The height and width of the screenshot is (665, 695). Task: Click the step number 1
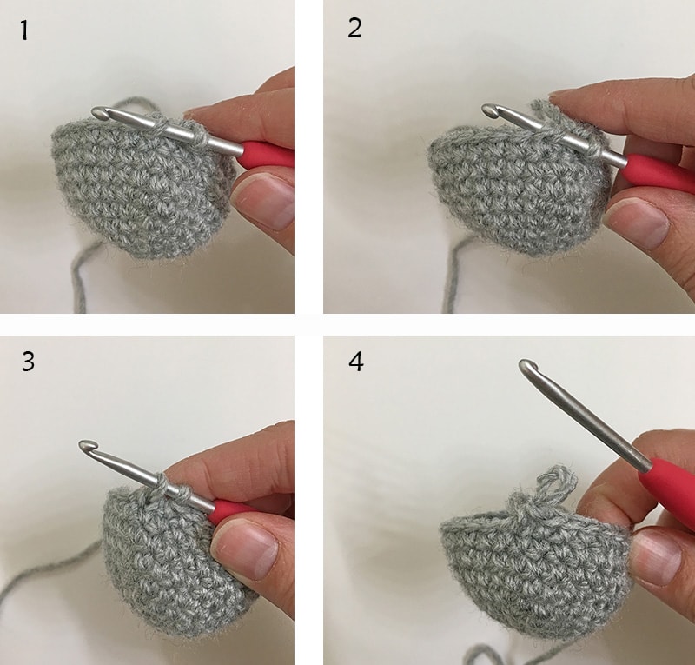coord(24,30)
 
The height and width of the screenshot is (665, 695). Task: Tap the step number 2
coord(354,29)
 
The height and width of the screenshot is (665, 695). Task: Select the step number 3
coord(28,361)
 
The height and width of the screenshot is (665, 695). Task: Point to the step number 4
coord(356,362)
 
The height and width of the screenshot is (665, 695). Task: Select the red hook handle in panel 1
coord(267,154)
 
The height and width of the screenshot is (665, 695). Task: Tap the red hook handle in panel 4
coord(668,486)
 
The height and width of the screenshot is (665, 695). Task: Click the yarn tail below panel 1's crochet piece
coord(82,275)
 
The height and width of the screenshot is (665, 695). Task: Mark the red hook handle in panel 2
coord(659,173)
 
